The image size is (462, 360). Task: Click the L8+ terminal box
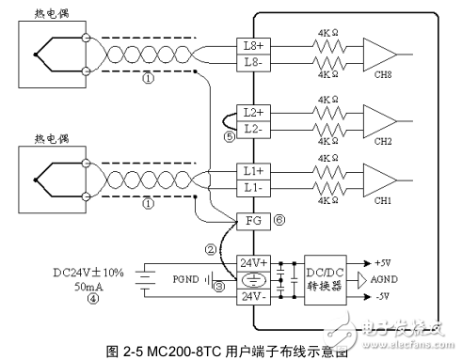click(251, 45)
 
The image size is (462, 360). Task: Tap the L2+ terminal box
click(251, 112)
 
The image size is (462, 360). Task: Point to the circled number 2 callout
click(213, 250)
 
